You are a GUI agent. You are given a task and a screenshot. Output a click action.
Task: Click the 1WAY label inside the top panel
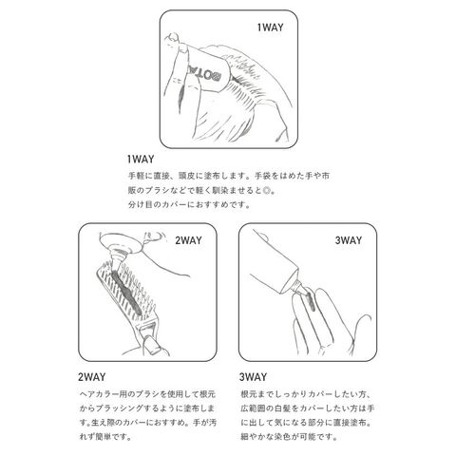[270, 28]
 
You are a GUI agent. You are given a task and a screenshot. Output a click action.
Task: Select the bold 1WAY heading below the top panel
[141, 159]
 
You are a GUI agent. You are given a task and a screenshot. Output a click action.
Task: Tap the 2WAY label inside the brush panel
[188, 240]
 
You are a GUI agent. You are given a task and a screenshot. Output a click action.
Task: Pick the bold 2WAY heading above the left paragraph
[92, 377]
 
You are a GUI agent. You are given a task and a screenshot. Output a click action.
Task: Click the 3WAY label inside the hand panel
[349, 240]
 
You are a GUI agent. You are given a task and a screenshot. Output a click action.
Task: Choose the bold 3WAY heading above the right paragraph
[253, 377]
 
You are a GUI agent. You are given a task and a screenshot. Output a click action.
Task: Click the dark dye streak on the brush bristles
[124, 291]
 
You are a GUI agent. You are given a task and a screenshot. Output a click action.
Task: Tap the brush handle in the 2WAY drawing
[149, 340]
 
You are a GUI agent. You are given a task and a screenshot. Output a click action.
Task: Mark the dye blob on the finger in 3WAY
[310, 301]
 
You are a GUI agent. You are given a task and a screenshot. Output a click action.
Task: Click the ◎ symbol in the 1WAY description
[267, 191]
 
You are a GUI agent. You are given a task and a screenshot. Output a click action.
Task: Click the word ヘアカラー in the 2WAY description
[99, 394]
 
